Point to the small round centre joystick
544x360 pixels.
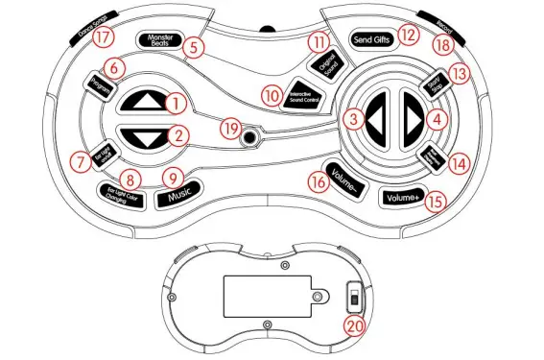point(251,137)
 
